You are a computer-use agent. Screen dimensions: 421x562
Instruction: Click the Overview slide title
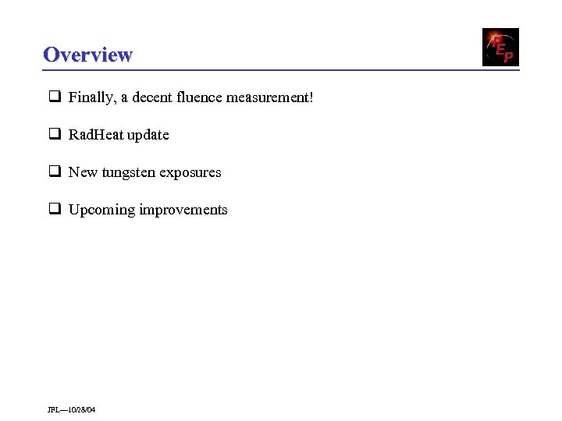(87, 55)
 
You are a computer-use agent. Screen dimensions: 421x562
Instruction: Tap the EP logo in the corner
(500, 47)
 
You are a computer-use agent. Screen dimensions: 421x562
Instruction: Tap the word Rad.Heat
(96, 135)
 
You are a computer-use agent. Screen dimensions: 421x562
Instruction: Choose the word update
(148, 135)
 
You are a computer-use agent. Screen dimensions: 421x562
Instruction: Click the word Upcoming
(101, 210)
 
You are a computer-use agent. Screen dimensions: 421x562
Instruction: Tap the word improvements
(183, 210)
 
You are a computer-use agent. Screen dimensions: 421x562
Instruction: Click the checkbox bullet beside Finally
(55, 97)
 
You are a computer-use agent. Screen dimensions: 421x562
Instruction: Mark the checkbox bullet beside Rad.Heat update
(55, 134)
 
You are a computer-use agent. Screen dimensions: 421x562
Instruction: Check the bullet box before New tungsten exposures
(55, 172)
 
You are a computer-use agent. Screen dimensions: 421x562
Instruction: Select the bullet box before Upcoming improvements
(55, 209)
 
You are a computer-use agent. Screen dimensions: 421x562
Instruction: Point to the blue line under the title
(281, 70)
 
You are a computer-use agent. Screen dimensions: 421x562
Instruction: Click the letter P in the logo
(508, 56)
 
